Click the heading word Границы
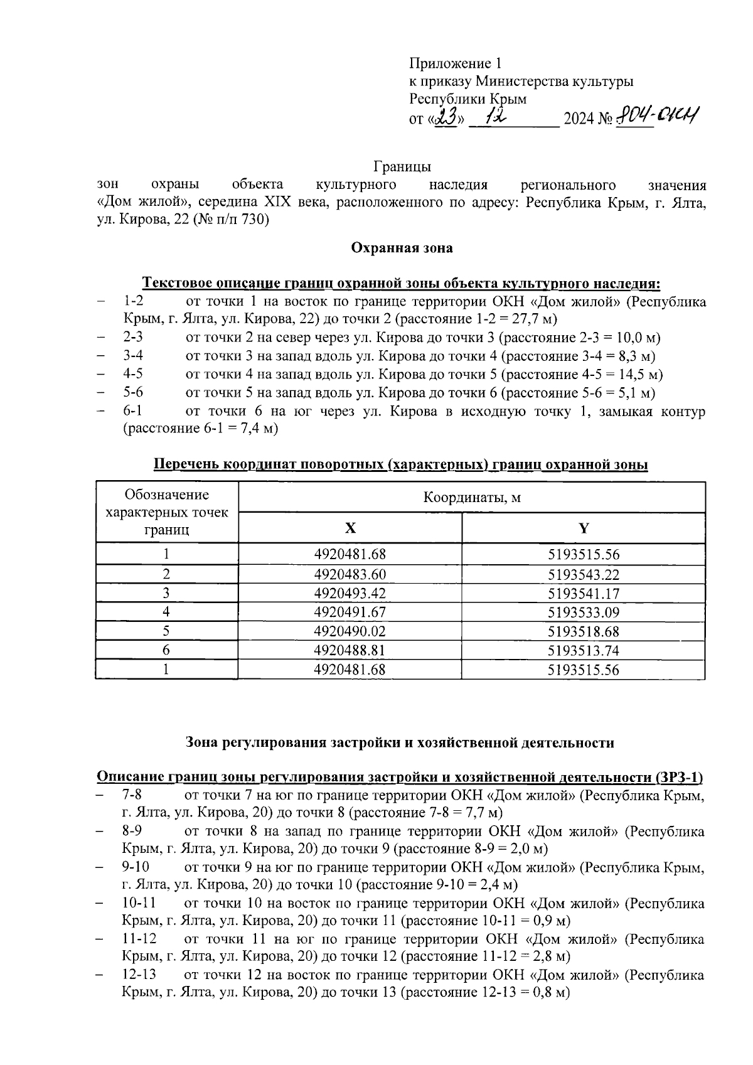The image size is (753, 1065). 402,167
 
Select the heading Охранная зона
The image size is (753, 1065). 402,248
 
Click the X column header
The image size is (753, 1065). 350,528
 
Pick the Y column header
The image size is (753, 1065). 584,528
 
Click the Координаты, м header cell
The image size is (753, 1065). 472,498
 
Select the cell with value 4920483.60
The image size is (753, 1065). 350,574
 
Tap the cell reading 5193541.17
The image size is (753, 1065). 584,593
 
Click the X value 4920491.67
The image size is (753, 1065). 350,612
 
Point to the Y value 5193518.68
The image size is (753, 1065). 584,631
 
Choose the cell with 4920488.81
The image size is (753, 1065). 350,650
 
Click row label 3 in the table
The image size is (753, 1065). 166,593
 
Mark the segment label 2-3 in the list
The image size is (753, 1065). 133,338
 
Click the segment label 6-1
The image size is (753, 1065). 133,412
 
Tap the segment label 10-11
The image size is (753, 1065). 139,904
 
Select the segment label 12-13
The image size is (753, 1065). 139,975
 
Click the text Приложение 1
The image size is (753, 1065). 455,63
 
